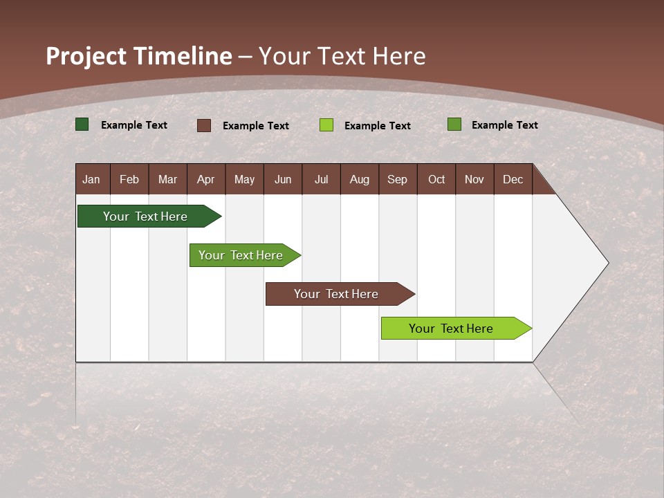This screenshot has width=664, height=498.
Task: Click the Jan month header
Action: (x=92, y=179)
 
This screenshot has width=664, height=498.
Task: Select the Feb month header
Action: (x=129, y=179)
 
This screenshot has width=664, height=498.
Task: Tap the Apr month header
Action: (x=205, y=179)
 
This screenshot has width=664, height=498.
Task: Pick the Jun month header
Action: (x=283, y=179)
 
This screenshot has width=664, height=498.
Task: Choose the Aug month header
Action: (x=359, y=179)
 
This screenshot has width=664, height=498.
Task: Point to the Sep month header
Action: (x=397, y=179)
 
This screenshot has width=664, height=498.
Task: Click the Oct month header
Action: (x=436, y=179)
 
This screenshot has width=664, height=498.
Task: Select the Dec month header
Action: (x=513, y=179)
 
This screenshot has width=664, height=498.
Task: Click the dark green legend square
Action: (x=82, y=124)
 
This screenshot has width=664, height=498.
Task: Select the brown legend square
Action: (x=204, y=125)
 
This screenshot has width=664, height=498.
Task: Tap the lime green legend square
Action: (x=326, y=125)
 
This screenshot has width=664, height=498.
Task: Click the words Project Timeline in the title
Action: (x=138, y=56)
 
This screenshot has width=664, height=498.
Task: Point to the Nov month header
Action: (x=474, y=179)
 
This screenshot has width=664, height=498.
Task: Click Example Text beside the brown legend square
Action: (x=256, y=126)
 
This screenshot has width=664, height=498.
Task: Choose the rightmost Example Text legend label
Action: (x=504, y=125)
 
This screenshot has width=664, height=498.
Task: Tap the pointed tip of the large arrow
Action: (x=607, y=263)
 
